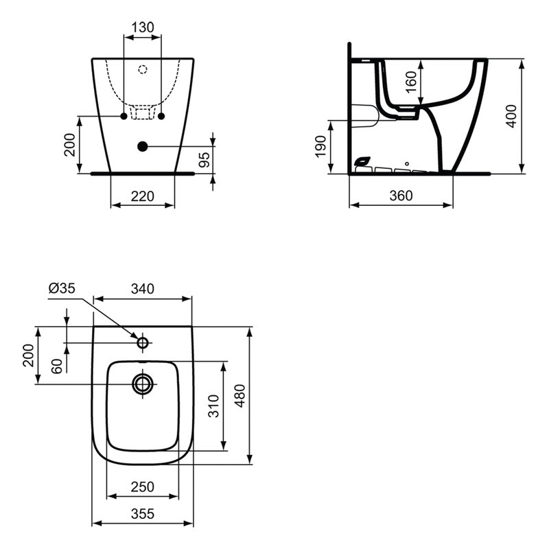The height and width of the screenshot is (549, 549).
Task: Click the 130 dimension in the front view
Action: point(142,27)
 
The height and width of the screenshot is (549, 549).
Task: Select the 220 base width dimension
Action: point(142,196)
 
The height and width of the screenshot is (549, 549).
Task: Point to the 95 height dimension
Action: point(203,160)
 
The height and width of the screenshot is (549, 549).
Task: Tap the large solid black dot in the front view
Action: point(143,145)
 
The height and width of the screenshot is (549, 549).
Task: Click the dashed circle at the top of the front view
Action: point(143,69)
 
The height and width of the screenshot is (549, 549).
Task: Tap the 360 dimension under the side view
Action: point(401,196)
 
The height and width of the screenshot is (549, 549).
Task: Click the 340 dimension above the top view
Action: point(142,289)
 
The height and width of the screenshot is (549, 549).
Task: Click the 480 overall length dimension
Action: point(240,395)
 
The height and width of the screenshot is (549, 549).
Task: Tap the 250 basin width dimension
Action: point(142,487)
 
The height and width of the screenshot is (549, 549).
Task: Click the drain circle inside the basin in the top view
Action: point(143,384)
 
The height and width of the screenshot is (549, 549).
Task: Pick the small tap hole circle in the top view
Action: point(143,342)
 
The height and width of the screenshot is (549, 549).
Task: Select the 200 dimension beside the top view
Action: point(29,355)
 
